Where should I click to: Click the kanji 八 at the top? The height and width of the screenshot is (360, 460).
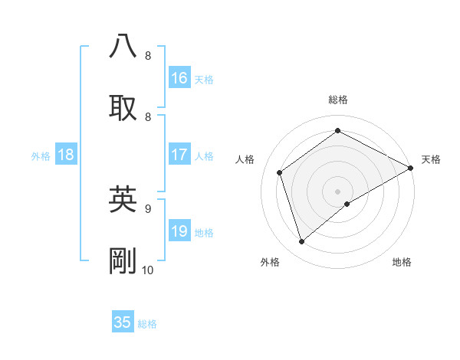(123, 46)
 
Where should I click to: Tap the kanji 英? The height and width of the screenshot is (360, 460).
(123, 198)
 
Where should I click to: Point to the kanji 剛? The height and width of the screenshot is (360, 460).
(123, 260)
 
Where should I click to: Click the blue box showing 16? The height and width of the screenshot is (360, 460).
(179, 78)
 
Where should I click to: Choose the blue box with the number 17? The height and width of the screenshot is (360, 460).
(179, 155)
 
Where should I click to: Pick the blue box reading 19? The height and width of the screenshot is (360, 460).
(179, 231)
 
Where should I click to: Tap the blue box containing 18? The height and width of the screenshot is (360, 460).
(66, 155)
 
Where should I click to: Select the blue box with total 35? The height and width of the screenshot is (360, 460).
(123, 322)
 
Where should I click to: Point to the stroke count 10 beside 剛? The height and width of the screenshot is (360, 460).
(148, 270)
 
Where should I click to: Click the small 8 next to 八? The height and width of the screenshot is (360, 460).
(148, 56)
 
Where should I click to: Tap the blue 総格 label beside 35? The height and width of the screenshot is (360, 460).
(147, 324)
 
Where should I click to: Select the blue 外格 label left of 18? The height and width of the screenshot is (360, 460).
(41, 156)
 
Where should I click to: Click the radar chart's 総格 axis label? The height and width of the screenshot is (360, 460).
(337, 100)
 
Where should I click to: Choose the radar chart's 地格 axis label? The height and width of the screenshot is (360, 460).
(402, 262)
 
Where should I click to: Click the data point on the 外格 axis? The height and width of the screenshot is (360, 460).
(301, 242)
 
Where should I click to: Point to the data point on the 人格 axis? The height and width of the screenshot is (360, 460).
(280, 172)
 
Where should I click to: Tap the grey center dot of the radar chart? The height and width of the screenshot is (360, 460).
(337, 191)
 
